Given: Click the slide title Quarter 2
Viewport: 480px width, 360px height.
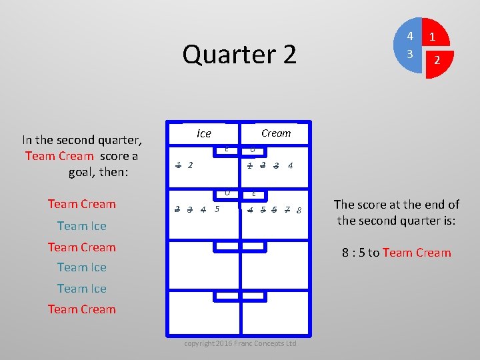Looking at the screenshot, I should tap(239, 55).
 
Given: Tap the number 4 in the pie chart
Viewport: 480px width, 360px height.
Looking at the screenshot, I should tap(411, 36).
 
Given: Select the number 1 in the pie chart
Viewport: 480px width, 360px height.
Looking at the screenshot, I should tap(433, 37).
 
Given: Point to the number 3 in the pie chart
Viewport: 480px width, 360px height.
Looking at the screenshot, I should tap(411, 53).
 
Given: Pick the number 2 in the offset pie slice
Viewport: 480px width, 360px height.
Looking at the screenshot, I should tap(437, 60).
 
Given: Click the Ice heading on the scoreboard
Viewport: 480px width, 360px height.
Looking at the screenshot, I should tap(204, 133).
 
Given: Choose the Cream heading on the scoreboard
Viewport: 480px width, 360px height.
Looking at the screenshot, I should tap(276, 133).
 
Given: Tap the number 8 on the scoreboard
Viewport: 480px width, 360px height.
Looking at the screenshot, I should tap(299, 211).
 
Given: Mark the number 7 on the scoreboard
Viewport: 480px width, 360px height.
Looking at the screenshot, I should tap(287, 210).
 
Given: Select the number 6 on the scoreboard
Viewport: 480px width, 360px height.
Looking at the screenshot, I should tap(274, 210).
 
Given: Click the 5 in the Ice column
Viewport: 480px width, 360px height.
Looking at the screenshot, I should tap(217, 209).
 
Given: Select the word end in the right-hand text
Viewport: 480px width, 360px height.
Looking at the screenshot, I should tap(430, 205).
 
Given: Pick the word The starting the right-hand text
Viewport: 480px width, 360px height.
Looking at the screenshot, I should tap(344, 205).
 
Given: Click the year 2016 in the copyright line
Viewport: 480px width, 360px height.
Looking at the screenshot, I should tap(225, 343).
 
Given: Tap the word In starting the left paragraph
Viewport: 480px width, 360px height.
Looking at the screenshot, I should tap(27, 140).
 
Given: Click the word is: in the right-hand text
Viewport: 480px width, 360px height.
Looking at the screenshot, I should tap(446, 220).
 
